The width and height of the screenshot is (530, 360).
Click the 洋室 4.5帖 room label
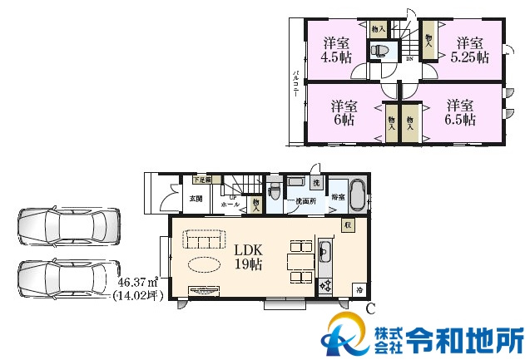point(337,51)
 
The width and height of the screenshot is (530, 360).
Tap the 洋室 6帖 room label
point(344,112)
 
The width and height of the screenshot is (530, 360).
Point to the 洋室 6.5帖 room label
point(459,112)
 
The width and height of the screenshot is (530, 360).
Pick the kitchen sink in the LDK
point(325,253)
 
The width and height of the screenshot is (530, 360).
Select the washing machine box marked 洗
point(316,181)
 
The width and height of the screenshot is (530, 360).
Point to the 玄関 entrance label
point(196,198)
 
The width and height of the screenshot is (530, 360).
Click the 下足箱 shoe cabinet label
point(202,179)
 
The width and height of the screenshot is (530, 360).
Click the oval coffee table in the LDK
point(205,264)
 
